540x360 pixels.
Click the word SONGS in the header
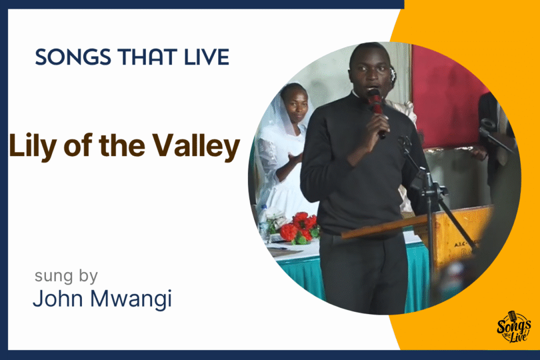[x=73, y=57]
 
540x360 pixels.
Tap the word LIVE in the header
[x=207, y=57]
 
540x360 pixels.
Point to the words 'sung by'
[x=66, y=276]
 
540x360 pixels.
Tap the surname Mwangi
[x=131, y=299]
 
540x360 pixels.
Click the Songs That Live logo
[x=513, y=327]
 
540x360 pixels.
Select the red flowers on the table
[x=299, y=228]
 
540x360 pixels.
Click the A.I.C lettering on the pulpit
[x=460, y=244]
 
